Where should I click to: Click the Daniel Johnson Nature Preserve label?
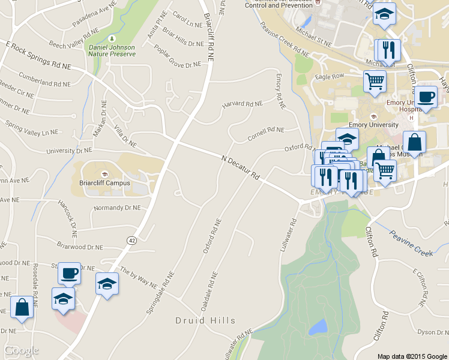(112, 50)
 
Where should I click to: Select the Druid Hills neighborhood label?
(205, 320)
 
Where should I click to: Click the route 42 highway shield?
(131, 240)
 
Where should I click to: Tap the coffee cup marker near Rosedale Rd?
(69, 273)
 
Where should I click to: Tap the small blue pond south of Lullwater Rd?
(318, 327)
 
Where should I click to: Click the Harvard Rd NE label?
(243, 104)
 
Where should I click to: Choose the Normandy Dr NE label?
(117, 208)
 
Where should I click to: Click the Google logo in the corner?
(21, 350)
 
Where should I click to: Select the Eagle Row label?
(330, 76)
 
